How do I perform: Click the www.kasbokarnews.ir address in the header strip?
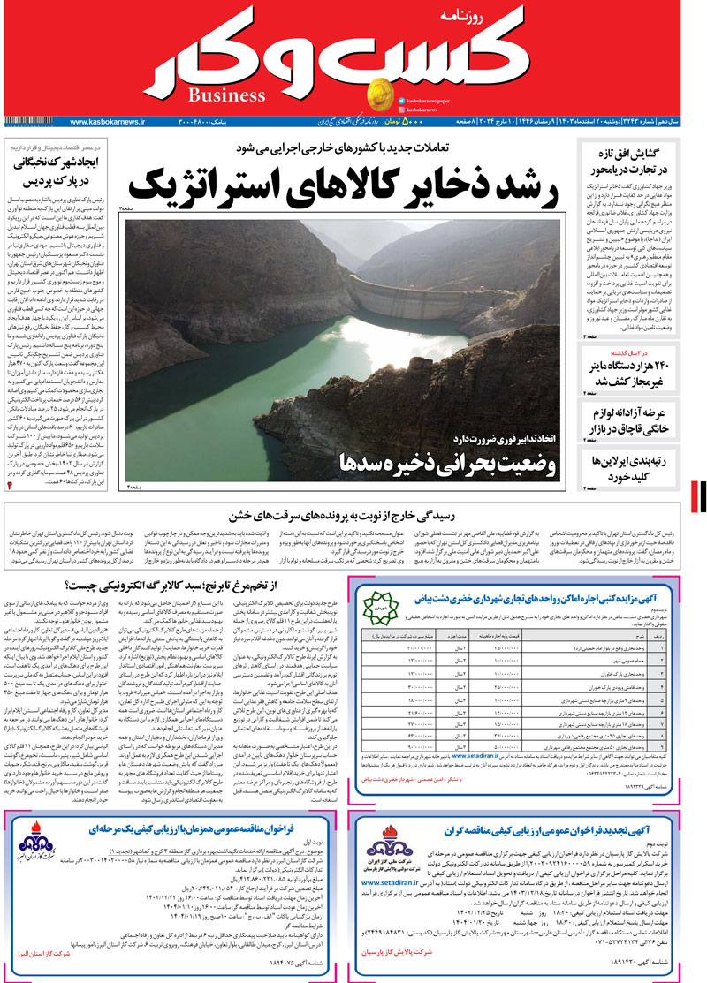(x=108, y=121)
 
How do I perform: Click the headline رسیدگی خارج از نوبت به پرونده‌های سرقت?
(x=346, y=516)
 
